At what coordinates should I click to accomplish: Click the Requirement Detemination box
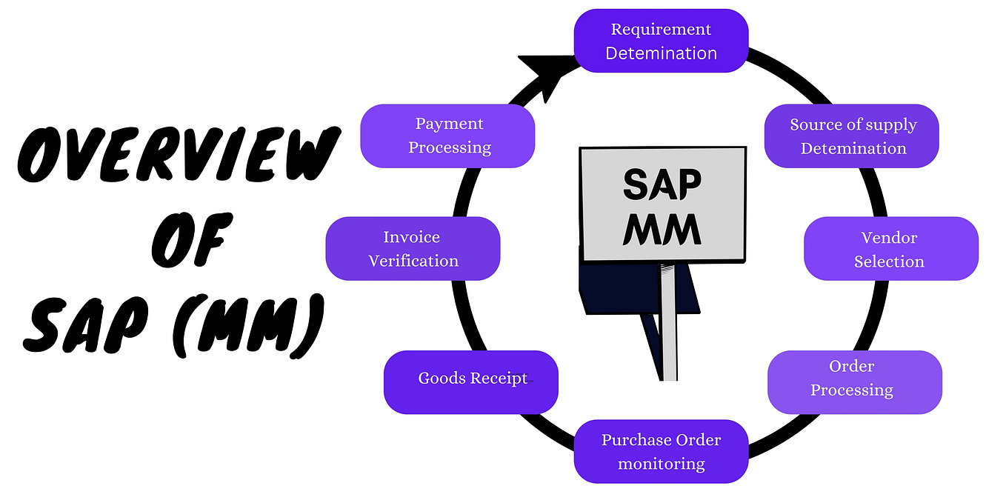click(x=661, y=41)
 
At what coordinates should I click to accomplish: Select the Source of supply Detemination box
click(x=852, y=136)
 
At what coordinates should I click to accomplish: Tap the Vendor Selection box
click(x=890, y=248)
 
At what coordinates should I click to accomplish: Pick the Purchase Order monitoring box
click(x=661, y=451)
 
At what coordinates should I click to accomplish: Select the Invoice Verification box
click(x=413, y=248)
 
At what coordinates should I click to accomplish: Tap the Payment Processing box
click(x=447, y=136)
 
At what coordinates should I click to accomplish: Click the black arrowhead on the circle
click(x=544, y=74)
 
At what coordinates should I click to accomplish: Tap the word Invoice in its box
click(x=411, y=237)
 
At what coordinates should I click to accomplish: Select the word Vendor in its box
click(x=889, y=238)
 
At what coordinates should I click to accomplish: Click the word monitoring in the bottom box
click(x=661, y=464)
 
